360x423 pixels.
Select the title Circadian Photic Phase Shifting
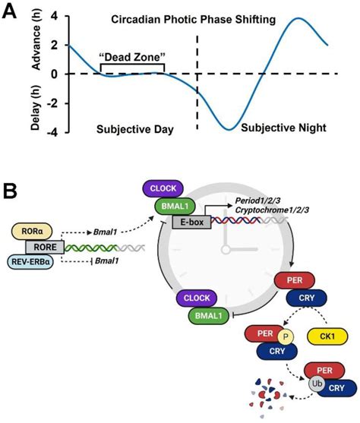[x=204, y=20]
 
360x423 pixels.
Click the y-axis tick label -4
[x=52, y=131]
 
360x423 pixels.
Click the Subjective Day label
[x=135, y=129]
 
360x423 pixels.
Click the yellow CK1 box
[x=327, y=334]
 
